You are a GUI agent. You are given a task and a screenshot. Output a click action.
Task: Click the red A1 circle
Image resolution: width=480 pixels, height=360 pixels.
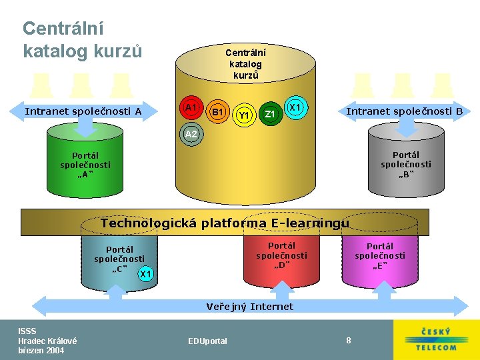pyautogui.click(x=192, y=107)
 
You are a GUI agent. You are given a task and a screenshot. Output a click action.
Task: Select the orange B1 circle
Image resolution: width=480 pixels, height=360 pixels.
pyautogui.click(x=217, y=112)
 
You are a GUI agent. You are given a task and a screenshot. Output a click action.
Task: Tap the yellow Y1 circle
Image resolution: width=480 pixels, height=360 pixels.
pyautogui.click(x=244, y=115)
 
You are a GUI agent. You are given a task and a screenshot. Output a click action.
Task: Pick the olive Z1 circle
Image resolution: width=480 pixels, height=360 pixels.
pyautogui.click(x=270, y=114)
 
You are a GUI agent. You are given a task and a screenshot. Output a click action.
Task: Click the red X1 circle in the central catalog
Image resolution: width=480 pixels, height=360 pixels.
pyautogui.click(x=296, y=107)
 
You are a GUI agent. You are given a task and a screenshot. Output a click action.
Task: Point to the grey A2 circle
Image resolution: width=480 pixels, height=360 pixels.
pyautogui.click(x=191, y=134)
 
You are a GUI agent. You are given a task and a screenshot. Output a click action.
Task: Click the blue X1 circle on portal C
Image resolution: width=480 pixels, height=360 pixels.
pyautogui.click(x=147, y=274)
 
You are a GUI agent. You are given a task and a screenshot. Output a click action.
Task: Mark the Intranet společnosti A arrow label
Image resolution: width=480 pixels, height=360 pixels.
pyautogui.click(x=83, y=111)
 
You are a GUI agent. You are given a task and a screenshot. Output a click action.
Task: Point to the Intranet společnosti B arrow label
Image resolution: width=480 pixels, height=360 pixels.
pyautogui.click(x=404, y=111)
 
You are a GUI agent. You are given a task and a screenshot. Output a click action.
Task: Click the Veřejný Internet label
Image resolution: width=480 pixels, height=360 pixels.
pyautogui.click(x=249, y=307)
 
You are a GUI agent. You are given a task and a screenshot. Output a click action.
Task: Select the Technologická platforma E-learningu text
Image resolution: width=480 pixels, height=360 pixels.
pyautogui.click(x=225, y=223)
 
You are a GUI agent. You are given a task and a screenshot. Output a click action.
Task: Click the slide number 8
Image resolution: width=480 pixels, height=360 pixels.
pyautogui.click(x=349, y=341)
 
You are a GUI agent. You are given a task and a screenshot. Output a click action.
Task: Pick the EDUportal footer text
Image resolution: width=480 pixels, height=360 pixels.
pyautogui.click(x=207, y=341)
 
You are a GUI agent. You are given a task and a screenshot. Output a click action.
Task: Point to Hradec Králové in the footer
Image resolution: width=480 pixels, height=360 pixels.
pyautogui.click(x=47, y=341)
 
